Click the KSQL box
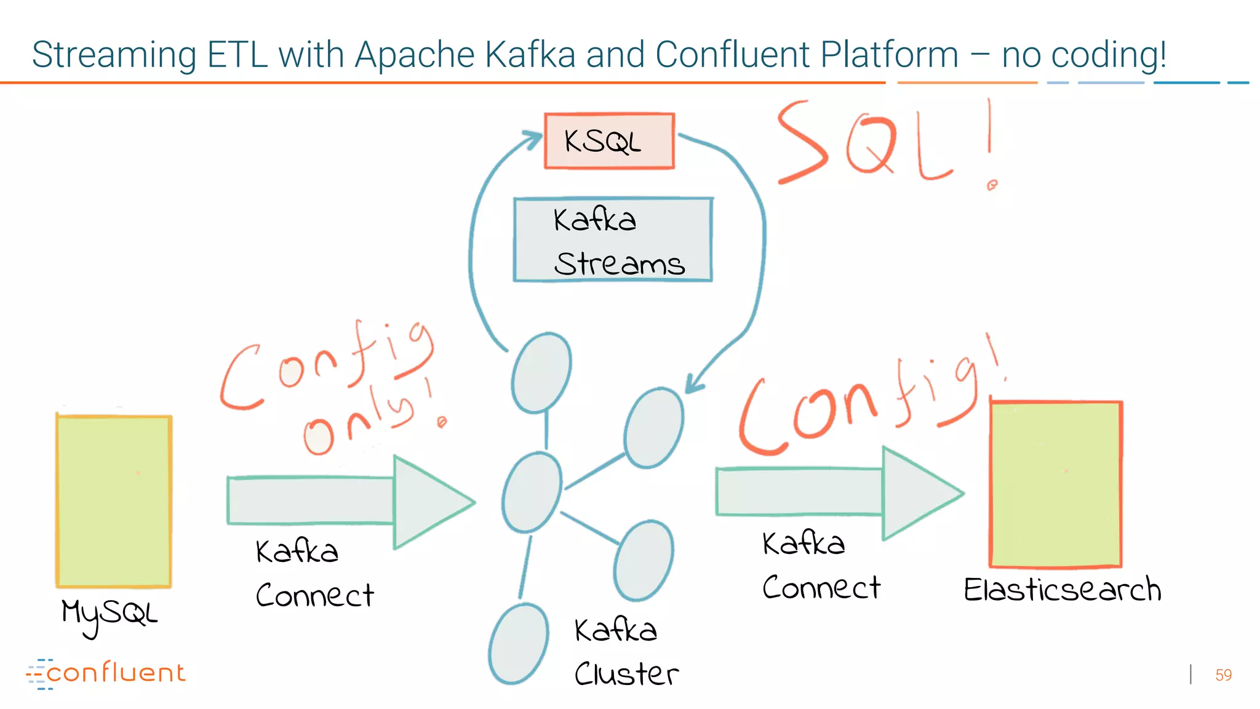point(609,140)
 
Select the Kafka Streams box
point(613,240)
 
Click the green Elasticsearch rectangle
point(1056,484)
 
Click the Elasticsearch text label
point(1062,590)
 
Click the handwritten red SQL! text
point(886,145)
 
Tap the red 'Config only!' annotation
point(332,388)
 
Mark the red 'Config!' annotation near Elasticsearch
point(867,406)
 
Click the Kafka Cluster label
point(624,652)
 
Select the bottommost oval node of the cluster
point(519,643)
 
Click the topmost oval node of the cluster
point(541,372)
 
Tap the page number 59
point(1223,675)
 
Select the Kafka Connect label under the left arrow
point(314,572)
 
